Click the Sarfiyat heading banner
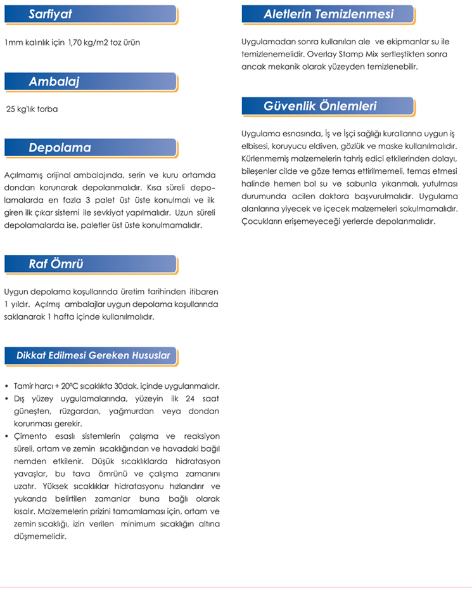coord(89,14)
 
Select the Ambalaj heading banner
coord(89,81)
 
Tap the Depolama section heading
coord(89,148)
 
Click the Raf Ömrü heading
coord(89,264)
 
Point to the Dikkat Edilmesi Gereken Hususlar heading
coord(92,356)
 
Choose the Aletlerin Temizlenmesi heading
coord(328,14)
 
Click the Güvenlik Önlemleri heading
coord(328,106)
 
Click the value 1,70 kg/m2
coord(84,42)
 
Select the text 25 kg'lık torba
coord(32,109)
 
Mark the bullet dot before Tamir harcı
coord(6,386)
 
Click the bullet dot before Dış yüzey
coord(6,398)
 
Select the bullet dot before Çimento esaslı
coord(6,436)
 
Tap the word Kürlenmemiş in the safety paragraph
coord(265,158)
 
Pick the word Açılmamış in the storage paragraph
coord(25,174)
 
